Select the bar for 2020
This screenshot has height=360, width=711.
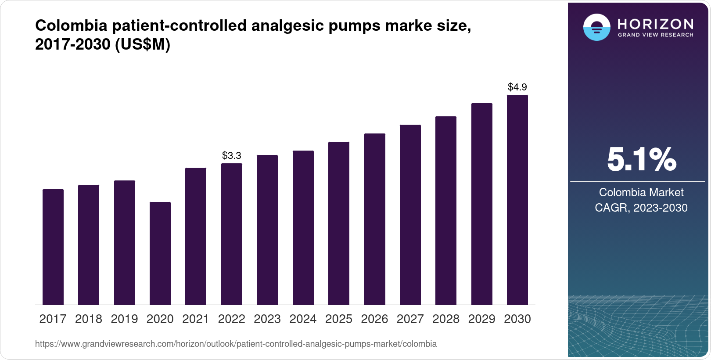(160, 253)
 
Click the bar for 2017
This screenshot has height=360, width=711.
(53, 247)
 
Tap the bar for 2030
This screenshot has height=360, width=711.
(517, 200)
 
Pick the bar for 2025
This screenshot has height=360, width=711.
(339, 223)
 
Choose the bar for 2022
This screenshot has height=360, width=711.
(232, 234)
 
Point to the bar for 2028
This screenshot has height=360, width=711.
(446, 210)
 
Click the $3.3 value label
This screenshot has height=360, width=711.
(232, 155)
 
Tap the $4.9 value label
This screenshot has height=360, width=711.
(517, 87)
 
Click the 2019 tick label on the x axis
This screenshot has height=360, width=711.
(124, 319)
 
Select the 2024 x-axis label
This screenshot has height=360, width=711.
(303, 319)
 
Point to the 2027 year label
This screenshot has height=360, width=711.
(410, 319)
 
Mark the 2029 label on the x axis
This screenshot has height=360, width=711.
(481, 319)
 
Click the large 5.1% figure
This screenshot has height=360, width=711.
(641, 159)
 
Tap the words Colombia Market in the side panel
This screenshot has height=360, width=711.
(641, 192)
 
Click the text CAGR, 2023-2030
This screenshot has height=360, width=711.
(641, 208)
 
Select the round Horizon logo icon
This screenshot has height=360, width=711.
(596, 27)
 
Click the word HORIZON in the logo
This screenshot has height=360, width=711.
(656, 24)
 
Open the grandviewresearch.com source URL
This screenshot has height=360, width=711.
(236, 344)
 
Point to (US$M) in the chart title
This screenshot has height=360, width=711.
(142, 44)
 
